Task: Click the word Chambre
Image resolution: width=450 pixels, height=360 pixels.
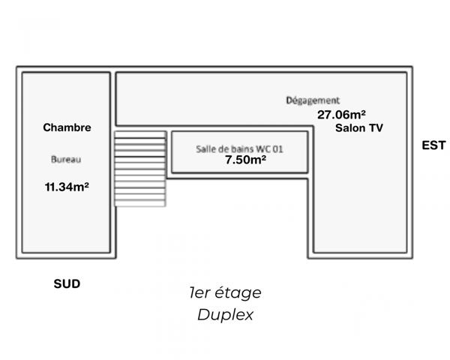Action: [67, 127]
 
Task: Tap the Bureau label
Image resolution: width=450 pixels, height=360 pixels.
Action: [66, 160]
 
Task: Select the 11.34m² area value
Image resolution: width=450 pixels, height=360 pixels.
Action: [67, 187]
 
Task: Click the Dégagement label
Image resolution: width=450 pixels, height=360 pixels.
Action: [313, 100]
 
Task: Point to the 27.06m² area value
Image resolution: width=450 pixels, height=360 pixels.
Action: [341, 115]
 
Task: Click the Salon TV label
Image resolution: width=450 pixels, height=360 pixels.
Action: [359, 128]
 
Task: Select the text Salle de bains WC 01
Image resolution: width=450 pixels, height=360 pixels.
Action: [239, 148]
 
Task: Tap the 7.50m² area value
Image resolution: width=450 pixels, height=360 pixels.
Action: [246, 160]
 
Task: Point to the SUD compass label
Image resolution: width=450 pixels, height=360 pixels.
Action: [67, 284]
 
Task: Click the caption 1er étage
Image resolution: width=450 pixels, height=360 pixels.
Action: [225, 293]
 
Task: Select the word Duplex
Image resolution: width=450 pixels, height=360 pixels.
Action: [225, 315]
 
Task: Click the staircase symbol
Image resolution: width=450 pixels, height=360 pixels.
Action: [139, 169]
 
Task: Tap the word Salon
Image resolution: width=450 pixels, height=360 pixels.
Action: [349, 128]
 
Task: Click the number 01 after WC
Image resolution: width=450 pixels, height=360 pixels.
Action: [277, 148]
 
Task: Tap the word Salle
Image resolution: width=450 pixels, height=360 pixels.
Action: [205, 148]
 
